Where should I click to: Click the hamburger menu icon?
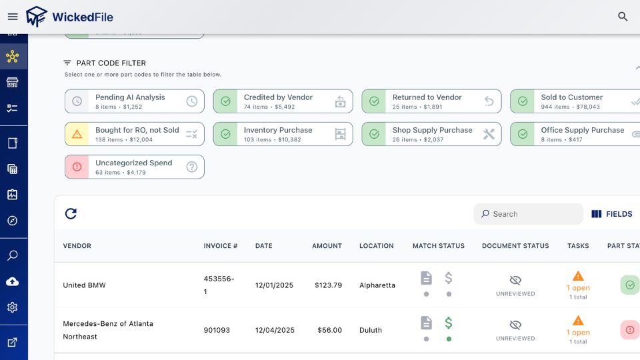(13, 17)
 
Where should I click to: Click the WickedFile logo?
(69, 17)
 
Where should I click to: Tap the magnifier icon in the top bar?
(623, 17)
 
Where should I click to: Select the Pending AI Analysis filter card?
(134, 101)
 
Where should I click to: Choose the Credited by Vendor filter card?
(283, 101)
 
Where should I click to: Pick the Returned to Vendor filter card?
(431, 101)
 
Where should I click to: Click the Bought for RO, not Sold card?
(134, 134)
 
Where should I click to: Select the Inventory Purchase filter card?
(283, 134)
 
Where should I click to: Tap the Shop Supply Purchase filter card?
(431, 134)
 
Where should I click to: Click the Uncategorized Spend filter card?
(134, 167)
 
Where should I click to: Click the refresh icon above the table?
(71, 214)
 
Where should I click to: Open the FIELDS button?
(612, 214)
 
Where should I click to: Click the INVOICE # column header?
(221, 246)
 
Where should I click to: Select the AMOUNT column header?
(327, 246)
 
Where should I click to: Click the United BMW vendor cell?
(85, 285)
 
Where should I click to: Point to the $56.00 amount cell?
(329, 330)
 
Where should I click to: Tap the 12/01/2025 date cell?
(275, 285)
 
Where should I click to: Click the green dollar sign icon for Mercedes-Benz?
(449, 323)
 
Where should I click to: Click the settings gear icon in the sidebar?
(13, 307)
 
